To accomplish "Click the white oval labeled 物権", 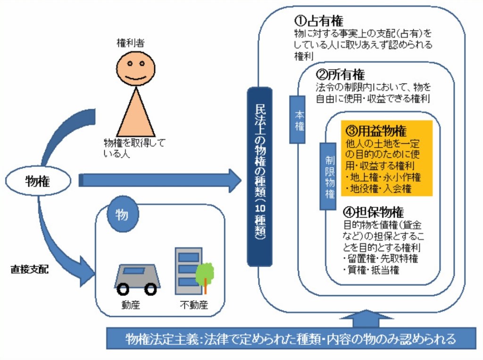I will (x=38, y=181).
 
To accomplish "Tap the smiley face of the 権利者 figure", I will (x=135, y=68).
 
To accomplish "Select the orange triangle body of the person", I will (x=136, y=115).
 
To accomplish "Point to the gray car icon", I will (x=137, y=278).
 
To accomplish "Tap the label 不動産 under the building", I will (x=193, y=305).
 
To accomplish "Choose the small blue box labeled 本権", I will (x=299, y=120).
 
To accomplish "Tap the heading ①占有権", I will (x=319, y=21).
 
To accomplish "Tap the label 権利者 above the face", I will (x=130, y=43).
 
